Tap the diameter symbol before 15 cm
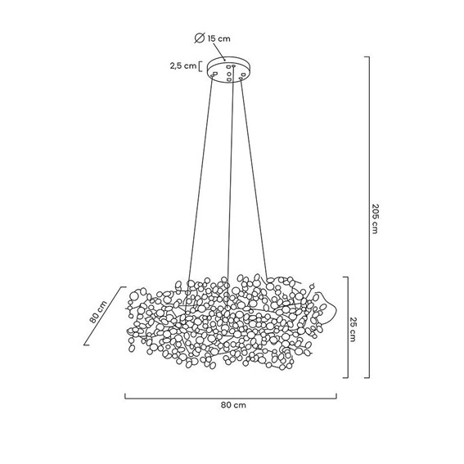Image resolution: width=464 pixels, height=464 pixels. coord(199,38)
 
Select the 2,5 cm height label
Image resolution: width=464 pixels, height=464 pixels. coord(182,66)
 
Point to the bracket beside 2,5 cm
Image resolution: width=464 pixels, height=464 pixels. coord(200,66)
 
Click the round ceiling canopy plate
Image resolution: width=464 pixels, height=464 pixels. coord(230,70)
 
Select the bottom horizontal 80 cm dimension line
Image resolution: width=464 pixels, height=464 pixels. coord(231,397)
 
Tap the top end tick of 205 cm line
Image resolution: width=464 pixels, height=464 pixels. coord(367,56)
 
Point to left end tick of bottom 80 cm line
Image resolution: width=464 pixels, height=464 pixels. coord(125,396)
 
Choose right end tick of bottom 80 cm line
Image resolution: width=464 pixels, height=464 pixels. coord(337,396)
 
